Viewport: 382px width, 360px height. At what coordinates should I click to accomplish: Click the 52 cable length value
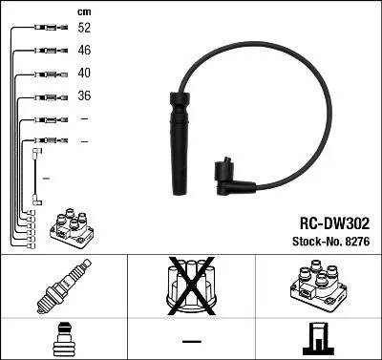coord(84,29)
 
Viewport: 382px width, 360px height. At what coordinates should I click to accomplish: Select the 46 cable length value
coord(84,51)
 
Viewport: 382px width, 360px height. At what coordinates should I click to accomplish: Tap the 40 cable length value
coord(84,74)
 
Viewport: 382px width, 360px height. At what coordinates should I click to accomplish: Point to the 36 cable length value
coord(84,96)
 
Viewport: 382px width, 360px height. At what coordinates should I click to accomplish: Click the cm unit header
coord(82,11)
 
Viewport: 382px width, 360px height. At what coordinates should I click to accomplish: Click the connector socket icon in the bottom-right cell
coord(318,337)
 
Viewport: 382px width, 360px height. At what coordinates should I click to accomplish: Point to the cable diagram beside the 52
coord(44,29)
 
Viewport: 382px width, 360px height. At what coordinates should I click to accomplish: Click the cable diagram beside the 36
coord(44,96)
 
